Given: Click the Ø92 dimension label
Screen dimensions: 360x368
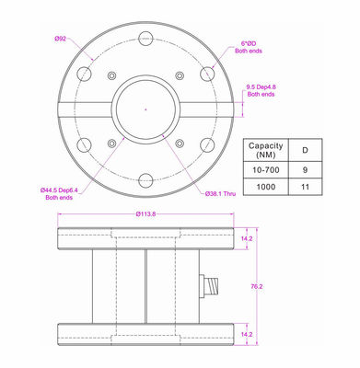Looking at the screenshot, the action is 60,39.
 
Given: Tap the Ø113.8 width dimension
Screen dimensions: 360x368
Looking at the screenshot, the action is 145,214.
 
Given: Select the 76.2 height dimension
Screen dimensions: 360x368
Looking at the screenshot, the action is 257,286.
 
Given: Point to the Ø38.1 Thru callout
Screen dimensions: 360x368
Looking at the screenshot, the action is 221,194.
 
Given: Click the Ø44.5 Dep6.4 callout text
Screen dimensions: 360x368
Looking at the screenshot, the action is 59,194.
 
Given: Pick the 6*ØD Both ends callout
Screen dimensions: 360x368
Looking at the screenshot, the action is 249,48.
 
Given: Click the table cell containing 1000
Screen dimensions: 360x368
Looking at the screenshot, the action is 266,187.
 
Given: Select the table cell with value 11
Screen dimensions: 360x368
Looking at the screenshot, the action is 305,187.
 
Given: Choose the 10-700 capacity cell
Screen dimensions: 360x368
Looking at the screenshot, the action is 266,170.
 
